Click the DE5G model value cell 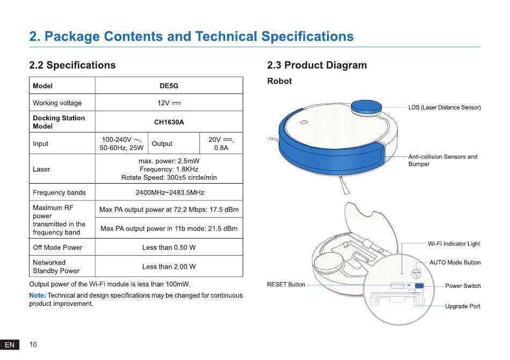tap(169, 85)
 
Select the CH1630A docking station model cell tap(169, 122)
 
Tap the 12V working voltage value tap(169, 103)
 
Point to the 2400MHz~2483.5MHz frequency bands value tap(170, 192)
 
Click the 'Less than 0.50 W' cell tap(169, 247)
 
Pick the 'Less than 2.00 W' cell tap(169, 267)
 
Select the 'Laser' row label tap(41, 169)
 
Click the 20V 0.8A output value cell tap(221, 143)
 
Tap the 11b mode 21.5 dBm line tap(169, 228)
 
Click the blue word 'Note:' tap(38, 295)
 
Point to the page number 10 tap(33, 344)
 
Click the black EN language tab tap(10, 345)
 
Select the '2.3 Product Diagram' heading tap(317, 65)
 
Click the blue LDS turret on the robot tap(366, 107)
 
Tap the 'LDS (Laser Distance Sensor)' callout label tap(445, 107)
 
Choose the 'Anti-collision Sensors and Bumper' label tap(443, 160)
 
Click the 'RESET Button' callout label tap(286, 284)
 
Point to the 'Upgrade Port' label tap(463, 306)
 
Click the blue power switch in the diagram tap(419, 286)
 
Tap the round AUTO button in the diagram tap(417, 273)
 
